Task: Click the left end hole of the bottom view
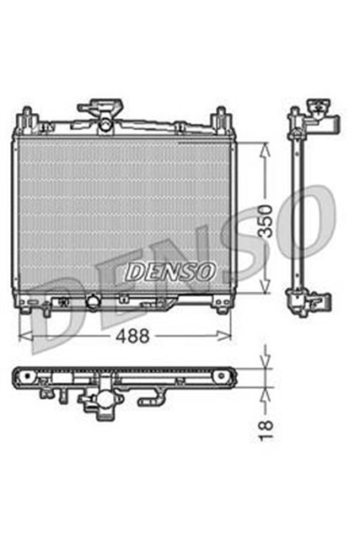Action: [24, 375]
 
